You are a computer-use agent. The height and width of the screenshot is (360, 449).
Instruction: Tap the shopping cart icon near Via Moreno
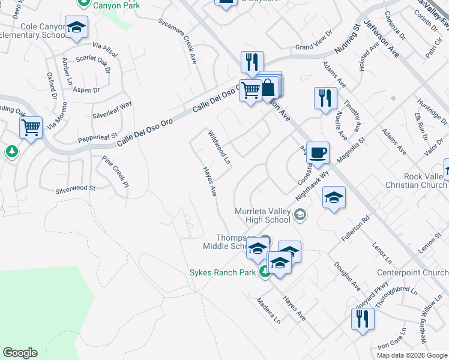tap(31, 127)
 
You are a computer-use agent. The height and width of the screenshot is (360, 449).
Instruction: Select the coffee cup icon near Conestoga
tap(318, 152)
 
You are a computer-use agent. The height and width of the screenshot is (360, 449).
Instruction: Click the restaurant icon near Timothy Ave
tap(325, 98)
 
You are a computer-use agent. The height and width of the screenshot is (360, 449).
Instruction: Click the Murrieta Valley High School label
tap(263, 215)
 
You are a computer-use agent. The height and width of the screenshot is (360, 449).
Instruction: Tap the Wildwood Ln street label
tap(218, 147)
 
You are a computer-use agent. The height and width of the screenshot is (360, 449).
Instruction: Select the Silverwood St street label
tap(76, 188)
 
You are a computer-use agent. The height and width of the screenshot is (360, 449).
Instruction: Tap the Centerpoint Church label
tap(412, 272)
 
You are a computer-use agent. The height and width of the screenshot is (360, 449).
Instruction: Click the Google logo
tap(20, 353)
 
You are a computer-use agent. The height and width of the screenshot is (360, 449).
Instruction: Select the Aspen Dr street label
tap(87, 90)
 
